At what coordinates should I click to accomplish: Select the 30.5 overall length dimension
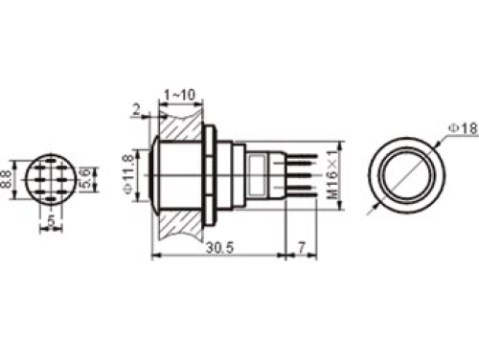tap(219, 246)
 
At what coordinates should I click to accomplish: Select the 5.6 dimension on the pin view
tap(87, 177)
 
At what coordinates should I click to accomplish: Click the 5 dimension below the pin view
tap(51, 224)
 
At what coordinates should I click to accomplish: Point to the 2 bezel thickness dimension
tap(137, 111)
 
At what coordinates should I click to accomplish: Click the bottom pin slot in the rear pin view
tap(51, 194)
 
